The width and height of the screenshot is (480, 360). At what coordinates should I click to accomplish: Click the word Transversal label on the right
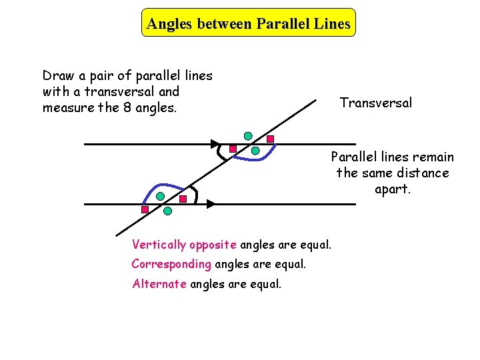[375, 103]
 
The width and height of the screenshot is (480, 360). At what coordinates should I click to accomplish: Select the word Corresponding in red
[171, 264]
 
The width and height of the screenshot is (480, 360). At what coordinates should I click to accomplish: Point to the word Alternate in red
[160, 284]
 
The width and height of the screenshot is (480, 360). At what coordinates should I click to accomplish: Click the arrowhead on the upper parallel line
[214, 143]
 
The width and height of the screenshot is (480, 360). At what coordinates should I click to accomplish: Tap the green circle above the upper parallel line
[248, 136]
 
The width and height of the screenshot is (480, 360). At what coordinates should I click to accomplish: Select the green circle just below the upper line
[255, 151]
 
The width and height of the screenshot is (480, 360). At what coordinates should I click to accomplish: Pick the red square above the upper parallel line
[270, 139]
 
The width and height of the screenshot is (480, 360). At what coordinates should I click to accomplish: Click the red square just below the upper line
[233, 149]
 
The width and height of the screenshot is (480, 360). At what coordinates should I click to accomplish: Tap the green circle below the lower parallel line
[167, 211]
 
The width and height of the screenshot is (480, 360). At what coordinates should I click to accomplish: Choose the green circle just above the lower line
[161, 197]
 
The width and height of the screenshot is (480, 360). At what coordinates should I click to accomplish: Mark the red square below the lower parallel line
[145, 209]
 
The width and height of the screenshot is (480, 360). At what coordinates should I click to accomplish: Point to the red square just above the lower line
[183, 199]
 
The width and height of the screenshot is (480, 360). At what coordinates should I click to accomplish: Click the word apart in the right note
[393, 189]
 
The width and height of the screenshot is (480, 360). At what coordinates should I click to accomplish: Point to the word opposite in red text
[214, 245]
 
